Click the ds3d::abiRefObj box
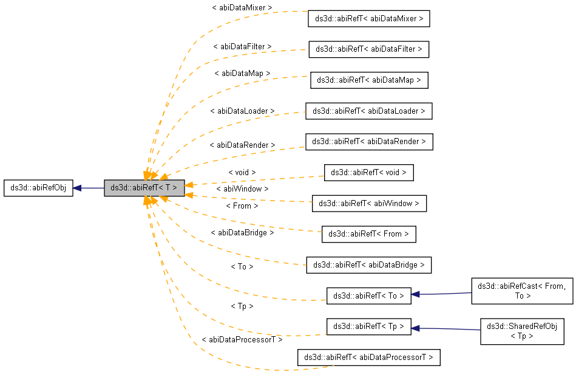[38, 188]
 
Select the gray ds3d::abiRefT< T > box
[143, 188]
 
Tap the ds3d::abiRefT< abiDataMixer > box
[370, 19]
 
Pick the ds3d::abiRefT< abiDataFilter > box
[368, 49]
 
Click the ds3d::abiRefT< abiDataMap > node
[370, 80]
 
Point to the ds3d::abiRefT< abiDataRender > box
[369, 142]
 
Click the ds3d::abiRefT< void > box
[368, 173]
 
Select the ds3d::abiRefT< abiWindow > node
[369, 203]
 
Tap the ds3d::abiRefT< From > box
[368, 233]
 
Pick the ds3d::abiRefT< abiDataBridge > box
[368, 265]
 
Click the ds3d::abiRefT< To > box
[368, 296]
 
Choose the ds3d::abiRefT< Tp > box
[368, 326]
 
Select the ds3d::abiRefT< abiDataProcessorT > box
[368, 357]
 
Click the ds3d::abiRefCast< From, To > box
[521, 291]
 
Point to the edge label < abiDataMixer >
[242, 8]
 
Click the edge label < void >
[242, 173]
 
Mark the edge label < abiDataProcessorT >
[242, 340]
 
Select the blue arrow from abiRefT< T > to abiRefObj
[89, 188]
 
